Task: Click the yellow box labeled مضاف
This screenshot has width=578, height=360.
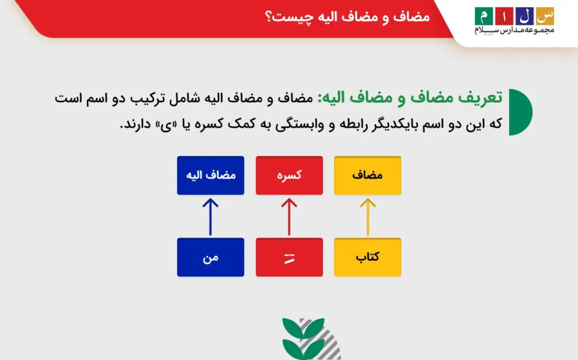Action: click(x=367, y=175)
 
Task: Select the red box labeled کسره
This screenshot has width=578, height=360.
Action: click(x=289, y=175)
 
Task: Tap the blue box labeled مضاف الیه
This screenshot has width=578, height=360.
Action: click(x=211, y=175)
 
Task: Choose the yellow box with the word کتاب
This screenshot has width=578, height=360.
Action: click(x=367, y=257)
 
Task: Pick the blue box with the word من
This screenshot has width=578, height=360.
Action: click(x=211, y=257)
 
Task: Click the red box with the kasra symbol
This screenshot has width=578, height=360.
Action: click(x=289, y=257)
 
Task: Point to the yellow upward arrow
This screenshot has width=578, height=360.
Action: click(x=367, y=216)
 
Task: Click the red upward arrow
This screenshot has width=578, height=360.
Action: click(x=289, y=216)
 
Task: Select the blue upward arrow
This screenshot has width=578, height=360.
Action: click(x=211, y=216)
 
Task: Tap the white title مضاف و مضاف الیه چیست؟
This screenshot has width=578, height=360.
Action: click(x=347, y=17)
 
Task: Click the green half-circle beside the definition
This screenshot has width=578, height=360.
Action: click(x=520, y=112)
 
